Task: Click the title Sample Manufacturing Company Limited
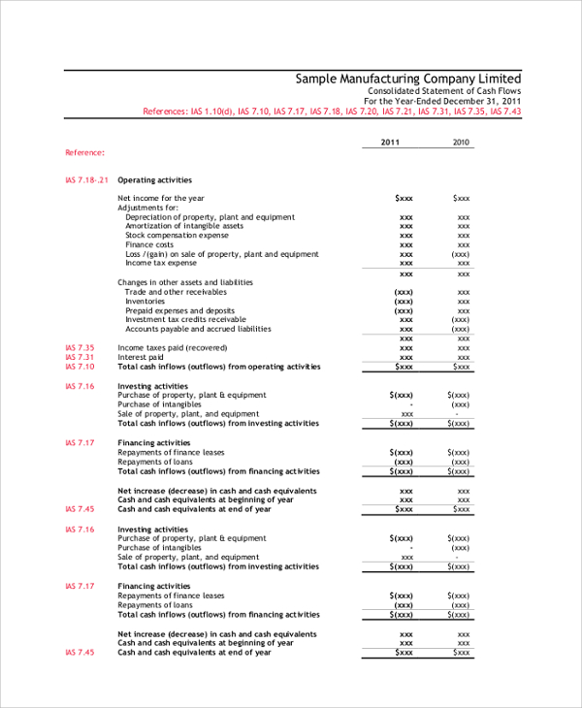tap(407, 79)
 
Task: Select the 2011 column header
tap(390, 143)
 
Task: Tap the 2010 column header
tap(462, 143)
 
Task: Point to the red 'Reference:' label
tap(85, 152)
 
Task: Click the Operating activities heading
tap(154, 179)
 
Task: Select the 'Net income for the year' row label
tap(160, 198)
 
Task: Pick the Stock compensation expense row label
tap(177, 235)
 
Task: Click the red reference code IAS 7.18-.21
tap(86, 179)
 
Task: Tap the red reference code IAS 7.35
tap(80, 347)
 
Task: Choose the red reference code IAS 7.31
tap(80, 357)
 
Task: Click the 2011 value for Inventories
tap(404, 302)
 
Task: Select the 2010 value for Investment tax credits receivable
tap(462, 319)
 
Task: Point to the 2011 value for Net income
tap(404, 198)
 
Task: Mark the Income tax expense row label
tap(161, 263)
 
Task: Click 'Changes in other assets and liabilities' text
tap(184, 282)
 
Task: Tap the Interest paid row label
tap(141, 357)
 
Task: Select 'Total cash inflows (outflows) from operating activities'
tap(218, 367)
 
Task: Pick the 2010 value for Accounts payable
tap(462, 329)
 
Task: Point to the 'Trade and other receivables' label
tap(176, 292)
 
